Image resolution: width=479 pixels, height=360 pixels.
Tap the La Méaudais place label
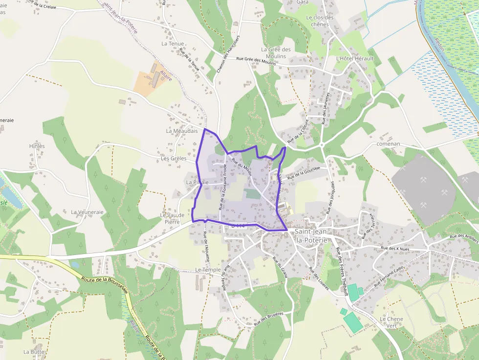click(x=182, y=131)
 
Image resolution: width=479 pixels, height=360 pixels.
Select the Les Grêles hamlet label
click(x=174, y=159)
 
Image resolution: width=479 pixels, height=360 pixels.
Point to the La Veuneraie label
click(x=87, y=212)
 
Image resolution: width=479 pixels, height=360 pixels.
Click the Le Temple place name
click(x=208, y=270)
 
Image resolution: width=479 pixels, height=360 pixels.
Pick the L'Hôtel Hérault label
click(x=354, y=59)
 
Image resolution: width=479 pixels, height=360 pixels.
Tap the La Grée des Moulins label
click(x=276, y=53)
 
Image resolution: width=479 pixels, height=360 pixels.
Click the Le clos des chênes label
click(x=320, y=21)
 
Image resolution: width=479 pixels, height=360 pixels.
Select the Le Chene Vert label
click(x=391, y=322)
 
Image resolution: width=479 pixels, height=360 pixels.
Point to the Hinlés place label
click(x=37, y=146)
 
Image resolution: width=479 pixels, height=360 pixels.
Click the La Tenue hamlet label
click(x=173, y=44)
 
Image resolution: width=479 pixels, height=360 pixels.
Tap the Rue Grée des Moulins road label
click(x=256, y=61)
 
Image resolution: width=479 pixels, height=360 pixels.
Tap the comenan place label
click(x=389, y=144)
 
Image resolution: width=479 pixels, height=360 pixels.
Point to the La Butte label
click(x=34, y=352)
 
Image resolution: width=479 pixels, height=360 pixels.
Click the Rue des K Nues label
click(x=394, y=249)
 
